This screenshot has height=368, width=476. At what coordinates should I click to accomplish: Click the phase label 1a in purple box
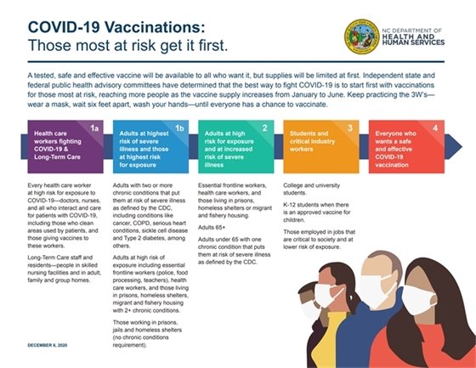95,128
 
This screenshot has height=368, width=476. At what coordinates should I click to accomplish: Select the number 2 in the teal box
264,128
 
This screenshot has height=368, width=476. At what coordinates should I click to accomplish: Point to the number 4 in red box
434,128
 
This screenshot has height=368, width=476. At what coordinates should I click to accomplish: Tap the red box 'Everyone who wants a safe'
405,144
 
